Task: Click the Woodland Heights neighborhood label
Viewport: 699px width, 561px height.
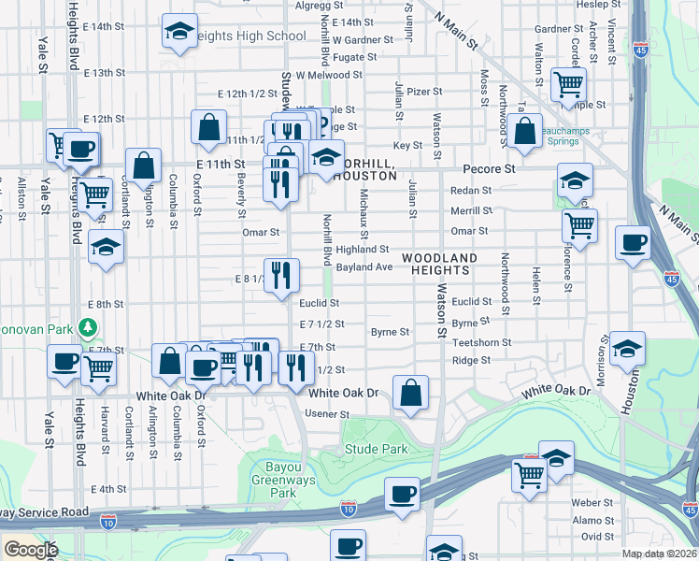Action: (439, 263)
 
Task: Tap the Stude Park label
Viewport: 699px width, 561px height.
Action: (377, 449)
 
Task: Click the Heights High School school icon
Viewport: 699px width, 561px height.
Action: (177, 31)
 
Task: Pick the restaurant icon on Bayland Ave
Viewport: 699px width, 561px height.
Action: (281, 276)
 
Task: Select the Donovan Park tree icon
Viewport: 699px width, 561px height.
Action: (88, 327)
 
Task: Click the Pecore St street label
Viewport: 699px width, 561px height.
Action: (490, 169)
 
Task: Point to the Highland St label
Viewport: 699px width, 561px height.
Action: (363, 250)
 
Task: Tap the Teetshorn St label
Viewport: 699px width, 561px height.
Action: (481, 342)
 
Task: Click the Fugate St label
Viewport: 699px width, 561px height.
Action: (355, 57)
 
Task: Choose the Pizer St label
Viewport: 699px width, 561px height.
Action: (424, 92)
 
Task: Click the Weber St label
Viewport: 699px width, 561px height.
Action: (592, 502)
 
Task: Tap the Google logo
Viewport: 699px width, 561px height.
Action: (31, 550)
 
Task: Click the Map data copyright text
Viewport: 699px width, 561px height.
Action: (660, 554)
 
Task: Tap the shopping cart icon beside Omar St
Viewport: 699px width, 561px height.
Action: (580, 225)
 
